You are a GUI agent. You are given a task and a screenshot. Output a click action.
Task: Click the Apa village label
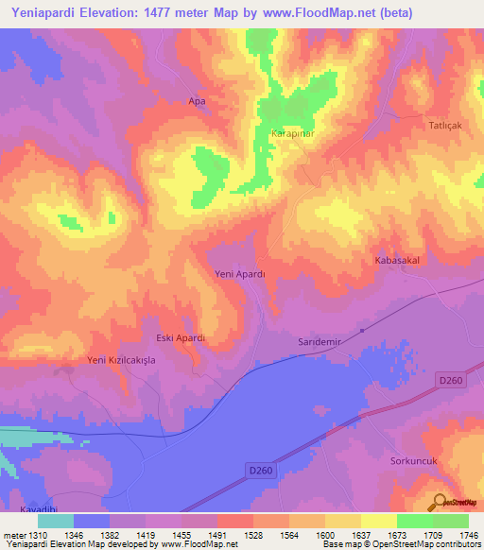[x=197, y=101]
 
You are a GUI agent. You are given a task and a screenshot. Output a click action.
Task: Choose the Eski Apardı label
[x=180, y=337]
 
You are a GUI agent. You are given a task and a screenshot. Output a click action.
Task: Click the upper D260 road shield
[x=451, y=380]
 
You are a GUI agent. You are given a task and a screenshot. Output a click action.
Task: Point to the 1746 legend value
[x=469, y=535]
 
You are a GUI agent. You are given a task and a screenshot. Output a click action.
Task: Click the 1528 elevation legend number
[x=253, y=535]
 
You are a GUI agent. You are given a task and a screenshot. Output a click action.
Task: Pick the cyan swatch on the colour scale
[x=56, y=521]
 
